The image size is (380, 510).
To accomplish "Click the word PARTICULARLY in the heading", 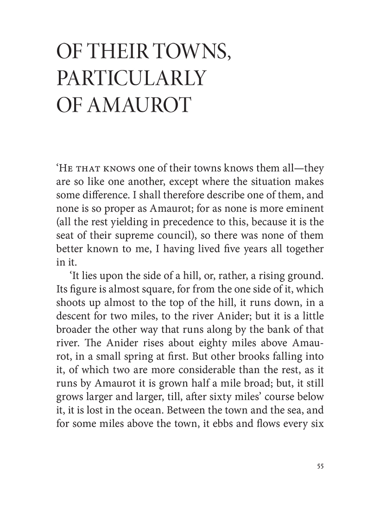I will pos(130,78).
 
